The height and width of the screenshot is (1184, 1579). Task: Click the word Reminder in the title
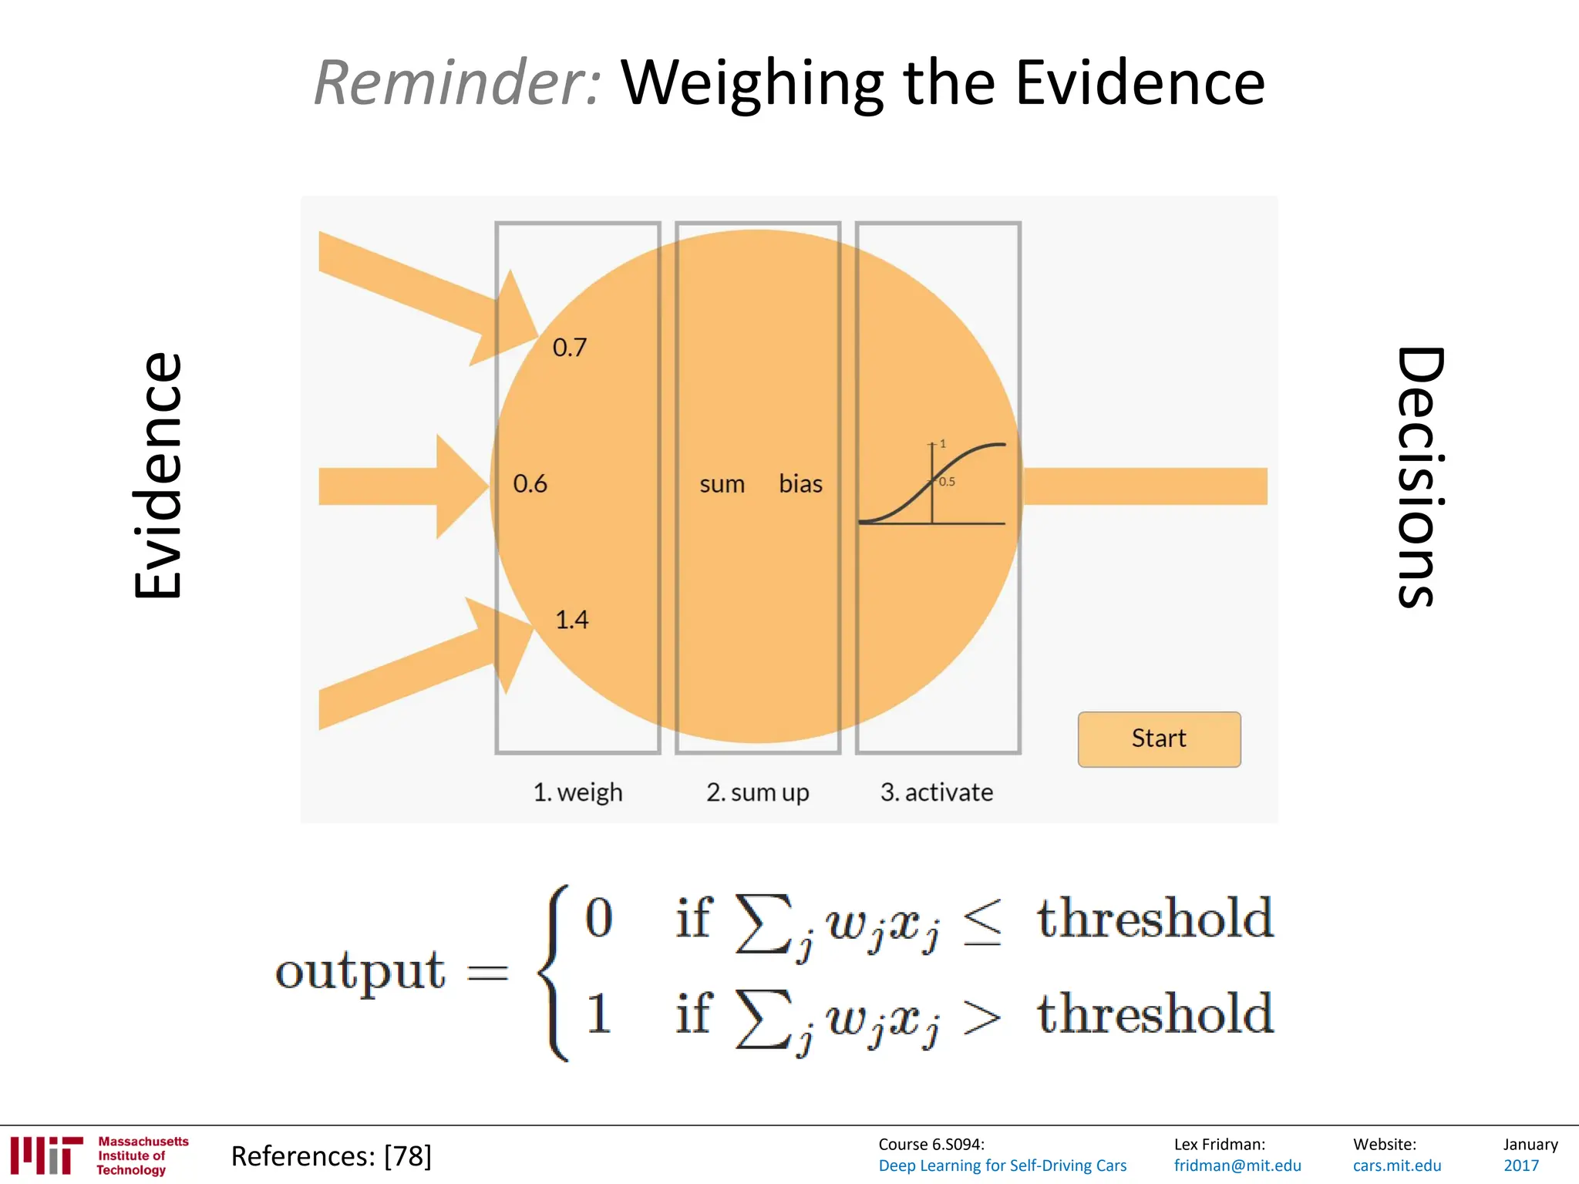[456, 82]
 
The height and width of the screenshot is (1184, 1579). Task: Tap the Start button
[1159, 738]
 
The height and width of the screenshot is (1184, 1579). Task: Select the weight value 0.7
[570, 348]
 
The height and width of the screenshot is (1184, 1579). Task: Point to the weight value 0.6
[530, 484]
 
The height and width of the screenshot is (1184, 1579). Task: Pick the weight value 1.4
[572, 620]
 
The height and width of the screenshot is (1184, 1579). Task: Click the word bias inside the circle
[800, 484]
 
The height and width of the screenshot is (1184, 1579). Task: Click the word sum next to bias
[722, 485]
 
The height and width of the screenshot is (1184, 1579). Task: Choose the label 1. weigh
[577, 792]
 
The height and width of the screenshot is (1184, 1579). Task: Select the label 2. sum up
[757, 792]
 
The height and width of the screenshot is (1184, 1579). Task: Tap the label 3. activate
[937, 792]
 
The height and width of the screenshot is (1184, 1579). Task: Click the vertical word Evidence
[159, 476]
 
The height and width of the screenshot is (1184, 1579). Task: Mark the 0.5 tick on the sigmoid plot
[947, 482]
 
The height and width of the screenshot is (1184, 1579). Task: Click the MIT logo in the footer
[46, 1155]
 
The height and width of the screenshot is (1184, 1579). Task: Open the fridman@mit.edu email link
[1237, 1165]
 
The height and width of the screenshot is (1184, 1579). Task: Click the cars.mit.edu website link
[1397, 1165]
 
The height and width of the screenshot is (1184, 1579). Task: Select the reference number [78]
[408, 1156]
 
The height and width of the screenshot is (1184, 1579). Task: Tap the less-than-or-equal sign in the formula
[982, 921]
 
